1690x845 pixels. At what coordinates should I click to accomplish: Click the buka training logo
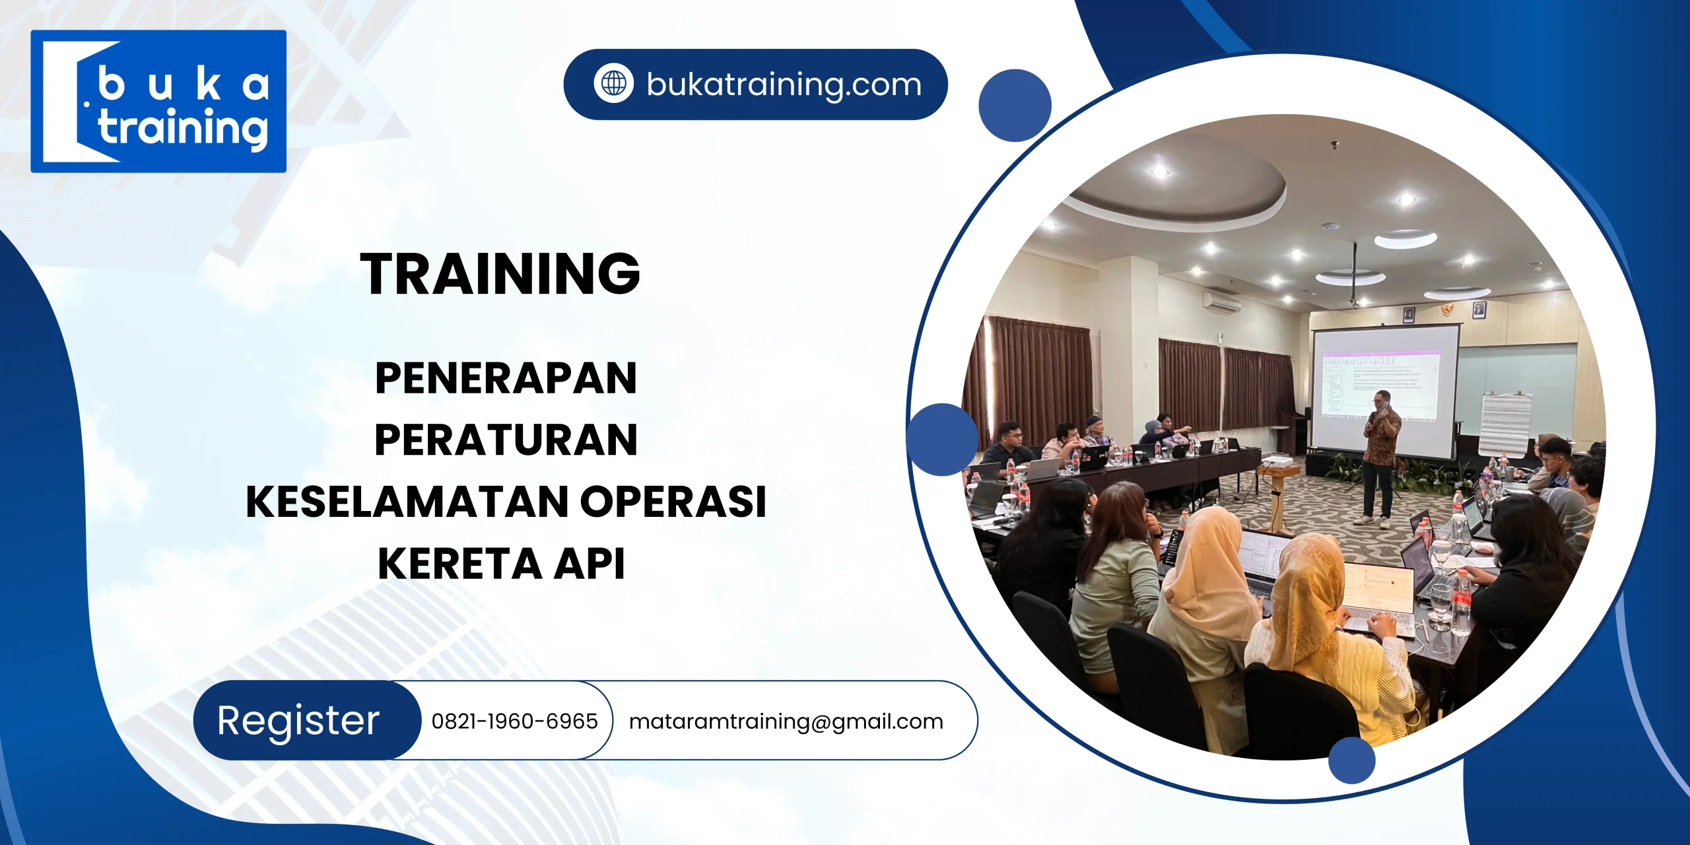(158, 101)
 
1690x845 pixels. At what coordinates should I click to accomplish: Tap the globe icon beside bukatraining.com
(613, 84)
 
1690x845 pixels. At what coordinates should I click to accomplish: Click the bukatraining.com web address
(784, 84)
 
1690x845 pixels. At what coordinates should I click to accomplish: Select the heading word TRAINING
(500, 273)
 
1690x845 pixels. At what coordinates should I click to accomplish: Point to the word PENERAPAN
(506, 378)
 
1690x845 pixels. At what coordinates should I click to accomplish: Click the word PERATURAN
(506, 440)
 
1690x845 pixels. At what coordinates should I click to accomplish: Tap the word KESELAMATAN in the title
(407, 502)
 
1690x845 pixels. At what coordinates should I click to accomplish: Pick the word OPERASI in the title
(673, 502)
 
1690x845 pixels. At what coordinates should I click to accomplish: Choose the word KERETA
(459, 564)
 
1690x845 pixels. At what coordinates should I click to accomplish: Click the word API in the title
(589, 564)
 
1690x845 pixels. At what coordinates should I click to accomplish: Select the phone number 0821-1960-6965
(514, 721)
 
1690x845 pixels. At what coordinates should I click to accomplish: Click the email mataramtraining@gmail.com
(786, 721)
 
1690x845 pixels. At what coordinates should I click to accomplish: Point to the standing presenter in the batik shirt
(1380, 456)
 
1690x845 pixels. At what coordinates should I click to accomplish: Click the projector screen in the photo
(1385, 389)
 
